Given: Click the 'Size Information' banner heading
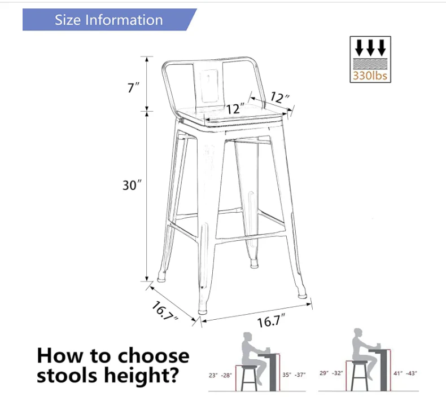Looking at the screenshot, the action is pos(108,20).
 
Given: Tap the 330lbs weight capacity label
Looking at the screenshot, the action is pos(370,76).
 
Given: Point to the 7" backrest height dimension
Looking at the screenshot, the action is pos(133,87).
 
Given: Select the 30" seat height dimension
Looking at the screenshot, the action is pos(132,186).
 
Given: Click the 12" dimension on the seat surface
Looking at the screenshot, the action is pos(235,109).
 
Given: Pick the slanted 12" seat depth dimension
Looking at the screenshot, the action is pos(279,97).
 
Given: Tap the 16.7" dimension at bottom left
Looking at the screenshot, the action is pos(165,311).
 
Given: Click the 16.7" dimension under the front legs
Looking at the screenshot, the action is pos(271,320).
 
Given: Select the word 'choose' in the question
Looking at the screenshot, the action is pos(154,355).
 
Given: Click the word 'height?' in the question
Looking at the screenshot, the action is pos(142,375).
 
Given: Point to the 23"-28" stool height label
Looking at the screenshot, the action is pos(220,376).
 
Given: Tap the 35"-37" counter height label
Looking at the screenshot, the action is pos(294,375).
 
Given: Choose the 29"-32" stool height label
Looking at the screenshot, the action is pos(331,373).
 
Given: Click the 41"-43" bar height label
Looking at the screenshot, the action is pos(405,373).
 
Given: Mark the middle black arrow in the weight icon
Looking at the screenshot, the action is pos(370,47).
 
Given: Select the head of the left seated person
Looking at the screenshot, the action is pos(247,337).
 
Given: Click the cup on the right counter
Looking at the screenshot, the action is pos(378,345).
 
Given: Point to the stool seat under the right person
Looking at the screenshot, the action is pos(360,363).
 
